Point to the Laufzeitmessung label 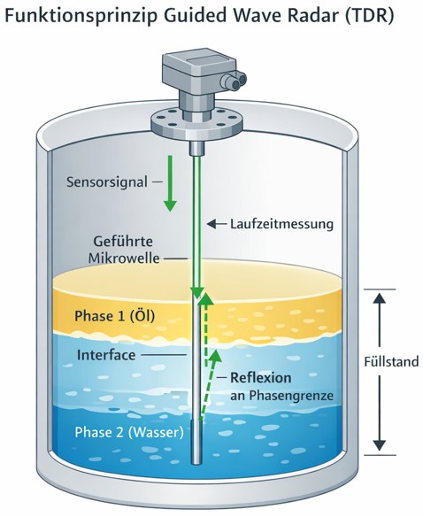[281, 224]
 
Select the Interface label [105, 354]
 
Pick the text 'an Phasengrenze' [282, 397]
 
